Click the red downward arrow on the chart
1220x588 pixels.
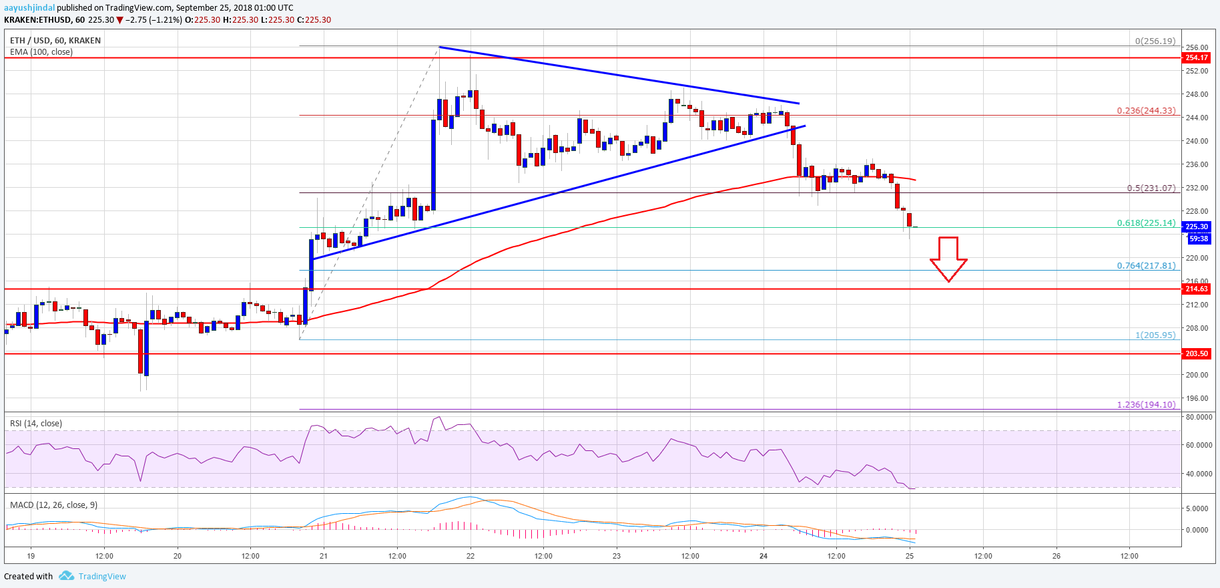948,259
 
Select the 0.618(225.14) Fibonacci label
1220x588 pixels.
1146,223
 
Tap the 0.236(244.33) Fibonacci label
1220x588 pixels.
1146,111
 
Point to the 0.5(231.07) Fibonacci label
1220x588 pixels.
1151,188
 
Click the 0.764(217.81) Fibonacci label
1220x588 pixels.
1146,266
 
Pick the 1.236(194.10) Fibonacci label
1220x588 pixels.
1146,405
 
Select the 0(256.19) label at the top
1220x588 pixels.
1155,41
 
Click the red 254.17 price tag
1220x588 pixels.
1196,58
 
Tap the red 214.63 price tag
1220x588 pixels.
1196,289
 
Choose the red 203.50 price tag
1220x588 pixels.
1196,354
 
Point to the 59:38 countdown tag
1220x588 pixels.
1199,239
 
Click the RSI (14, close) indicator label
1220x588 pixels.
36,424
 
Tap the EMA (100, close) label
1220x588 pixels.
41,52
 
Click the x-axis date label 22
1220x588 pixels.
471,556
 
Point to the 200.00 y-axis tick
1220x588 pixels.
1197,376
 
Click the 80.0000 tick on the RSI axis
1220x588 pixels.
1199,417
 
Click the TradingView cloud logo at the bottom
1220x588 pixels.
66,576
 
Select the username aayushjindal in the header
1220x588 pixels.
29,8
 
